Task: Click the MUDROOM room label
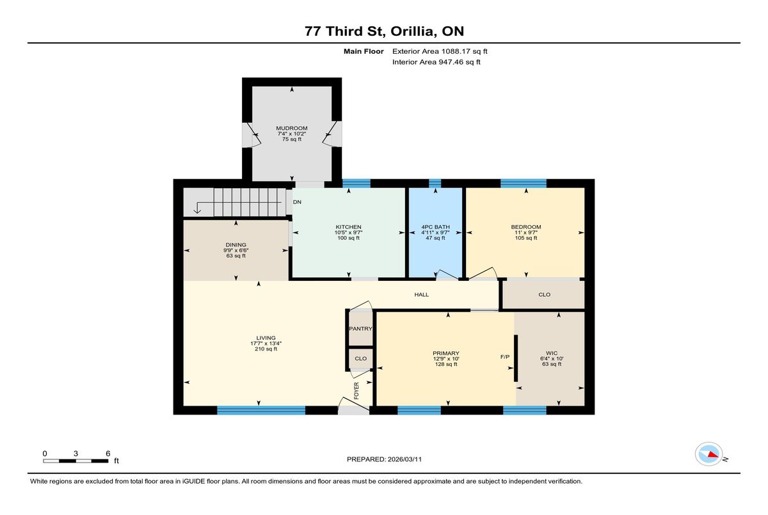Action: [292, 128]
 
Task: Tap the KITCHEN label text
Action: [348, 227]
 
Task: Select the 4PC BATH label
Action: [435, 227]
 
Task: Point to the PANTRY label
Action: [360, 329]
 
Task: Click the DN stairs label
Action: [297, 202]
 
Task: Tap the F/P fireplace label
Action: [505, 357]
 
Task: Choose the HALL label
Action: [421, 295]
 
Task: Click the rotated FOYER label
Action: [356, 391]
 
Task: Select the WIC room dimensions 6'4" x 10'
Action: [552, 358]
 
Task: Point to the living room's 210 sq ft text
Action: [266, 349]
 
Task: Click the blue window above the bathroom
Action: [435, 184]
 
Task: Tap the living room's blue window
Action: [261, 410]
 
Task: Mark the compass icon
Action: [708, 454]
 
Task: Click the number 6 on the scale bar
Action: [108, 454]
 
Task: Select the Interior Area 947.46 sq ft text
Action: [436, 62]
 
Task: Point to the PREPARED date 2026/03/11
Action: [404, 459]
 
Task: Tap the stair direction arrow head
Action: [197, 210]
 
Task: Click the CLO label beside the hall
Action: [545, 295]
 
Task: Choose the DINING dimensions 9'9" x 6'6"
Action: [236, 250]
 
